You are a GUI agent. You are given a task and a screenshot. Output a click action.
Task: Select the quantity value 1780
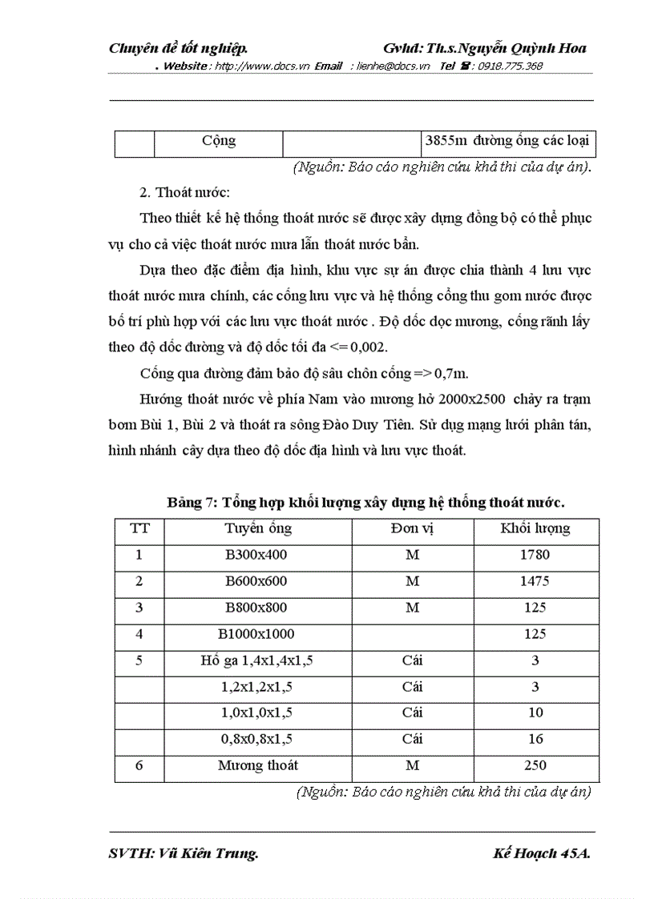coord(535,555)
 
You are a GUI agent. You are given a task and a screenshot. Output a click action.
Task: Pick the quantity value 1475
coord(535,581)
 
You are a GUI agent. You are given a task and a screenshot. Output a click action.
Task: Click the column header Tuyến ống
coord(258,528)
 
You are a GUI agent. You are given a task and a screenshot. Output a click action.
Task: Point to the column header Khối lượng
coord(535,528)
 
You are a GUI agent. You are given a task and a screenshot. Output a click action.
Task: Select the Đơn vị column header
coord(412,528)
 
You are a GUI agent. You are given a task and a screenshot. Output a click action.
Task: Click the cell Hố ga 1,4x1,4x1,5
coord(257,660)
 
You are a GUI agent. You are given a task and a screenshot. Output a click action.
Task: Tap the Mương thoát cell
coord(257,765)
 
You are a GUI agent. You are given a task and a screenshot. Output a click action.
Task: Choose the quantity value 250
coord(535,765)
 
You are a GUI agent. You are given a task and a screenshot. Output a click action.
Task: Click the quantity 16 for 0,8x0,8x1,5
coord(535,739)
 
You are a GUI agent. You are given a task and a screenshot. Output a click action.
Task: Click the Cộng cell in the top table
coord(219,141)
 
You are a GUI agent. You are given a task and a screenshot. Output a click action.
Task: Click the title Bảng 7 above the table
coord(365,503)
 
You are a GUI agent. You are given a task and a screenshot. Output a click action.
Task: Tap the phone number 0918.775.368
coord(510,66)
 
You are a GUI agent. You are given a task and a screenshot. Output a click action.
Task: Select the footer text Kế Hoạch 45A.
coord(542,854)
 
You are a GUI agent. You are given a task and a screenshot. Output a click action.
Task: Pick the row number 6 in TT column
coord(139,765)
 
